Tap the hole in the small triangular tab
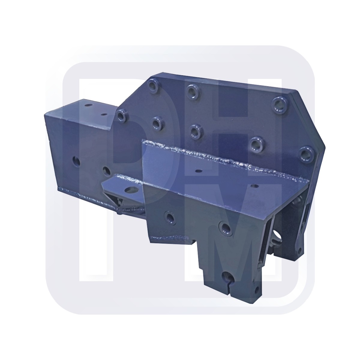130,189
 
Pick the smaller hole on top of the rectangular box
104,114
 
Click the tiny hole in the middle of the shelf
198,171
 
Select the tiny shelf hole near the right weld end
256,186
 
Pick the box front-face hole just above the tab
106,171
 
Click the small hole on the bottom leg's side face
256,290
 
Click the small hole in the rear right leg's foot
299,250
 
